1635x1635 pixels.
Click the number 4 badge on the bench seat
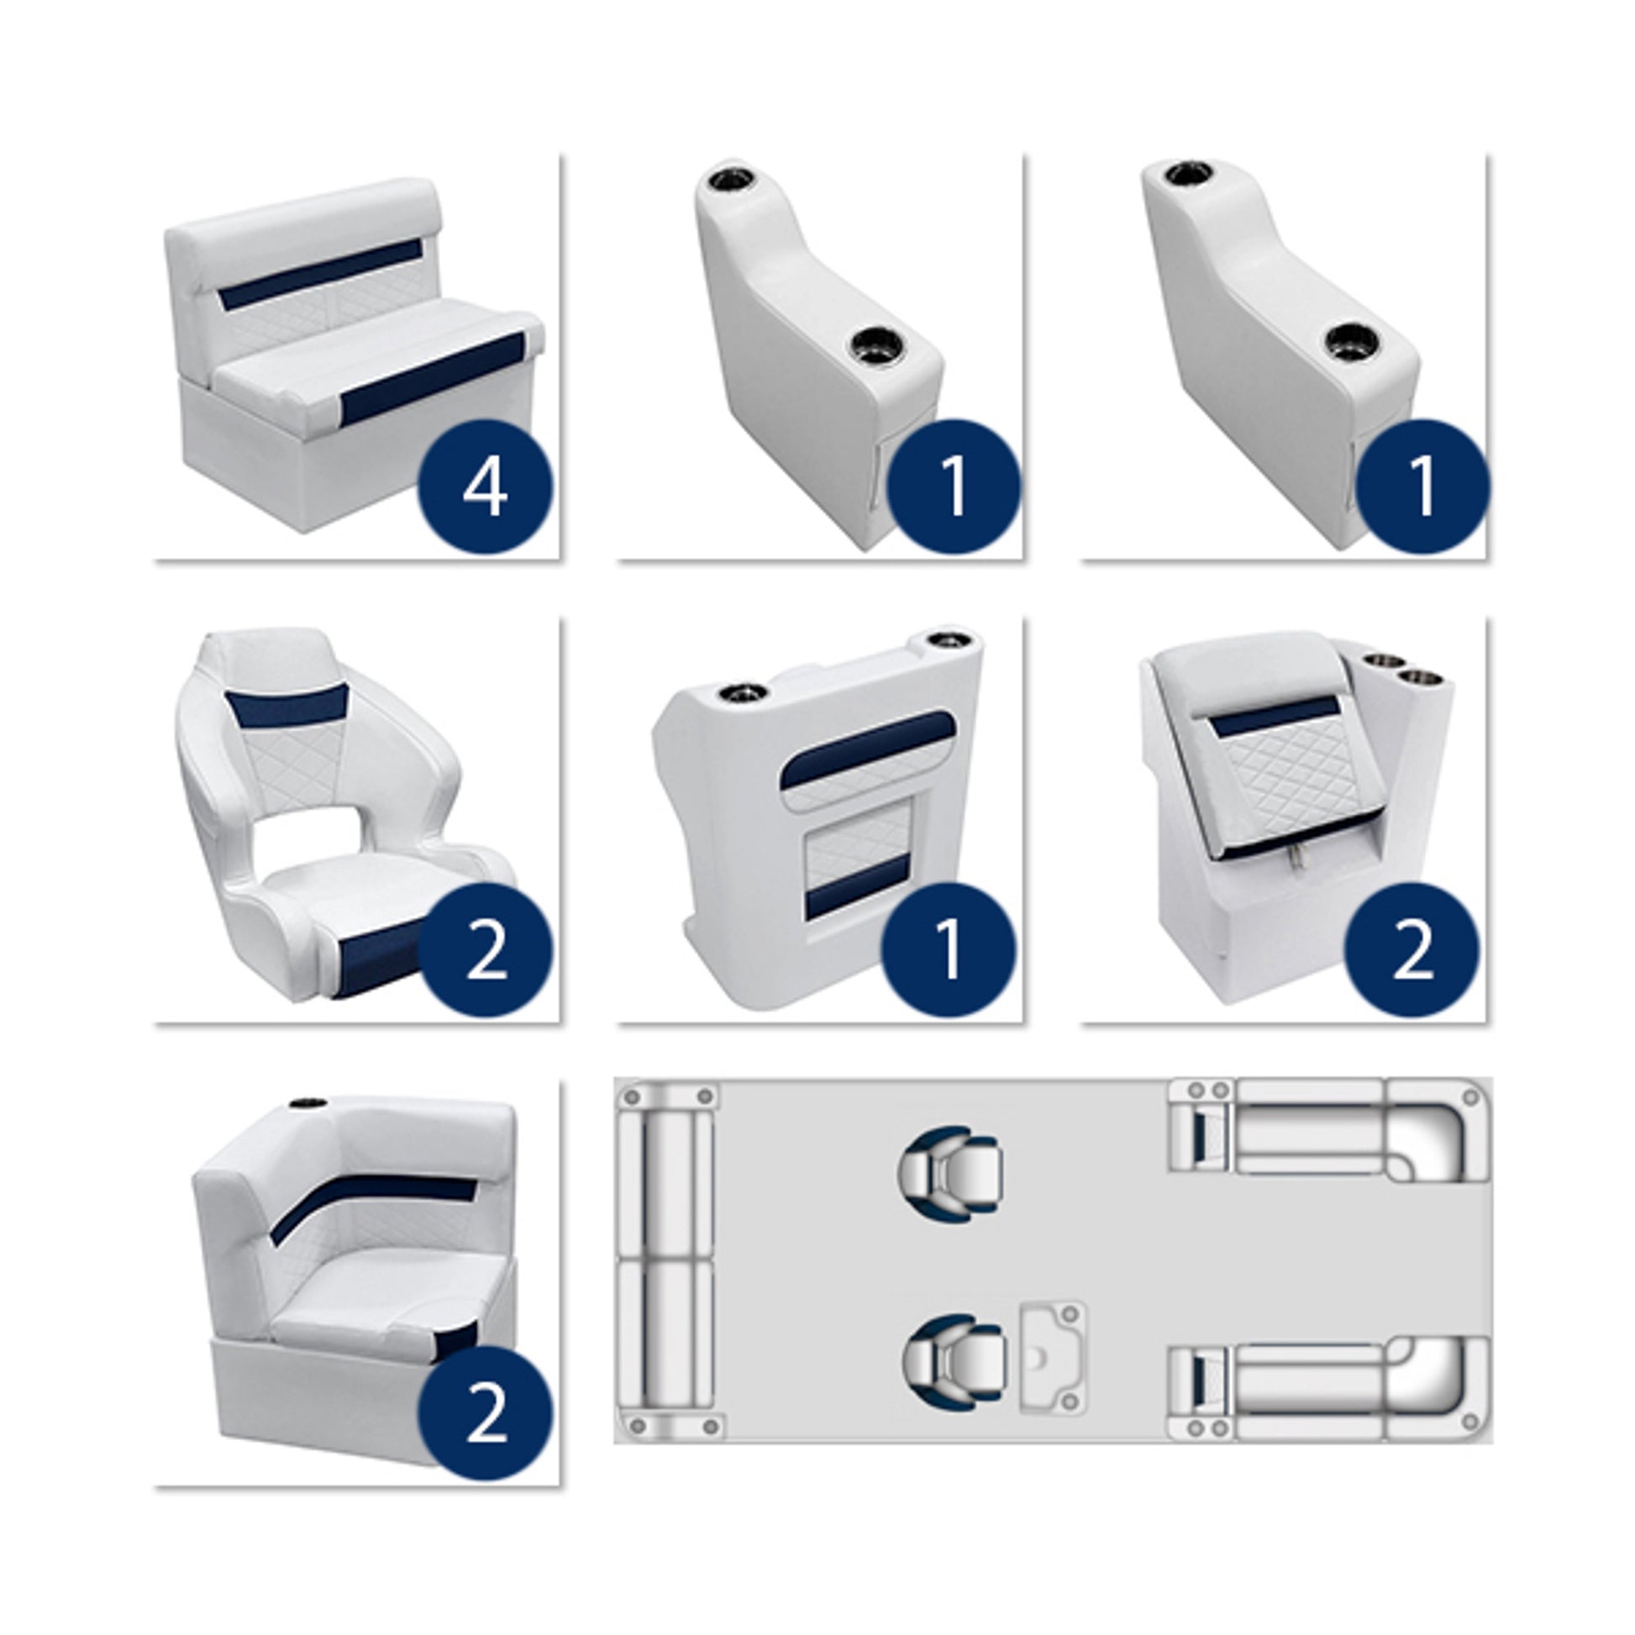485,486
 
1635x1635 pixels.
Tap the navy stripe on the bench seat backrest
320,273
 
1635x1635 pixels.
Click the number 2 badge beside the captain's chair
485,949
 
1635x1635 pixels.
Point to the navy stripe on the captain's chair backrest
290,707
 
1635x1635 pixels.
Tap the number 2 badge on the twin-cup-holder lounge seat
1412,949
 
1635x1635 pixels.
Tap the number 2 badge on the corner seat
485,1413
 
